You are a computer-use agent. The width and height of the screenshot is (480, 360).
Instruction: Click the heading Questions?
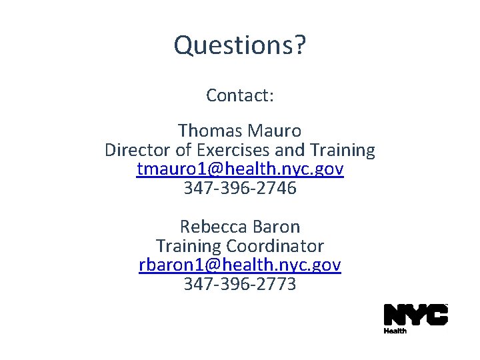click(x=240, y=45)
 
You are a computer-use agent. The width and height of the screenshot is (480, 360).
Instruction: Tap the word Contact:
click(x=240, y=95)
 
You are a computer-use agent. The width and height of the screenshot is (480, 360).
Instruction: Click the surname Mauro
click(x=274, y=131)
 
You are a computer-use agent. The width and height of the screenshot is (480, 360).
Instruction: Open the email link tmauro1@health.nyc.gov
click(x=240, y=169)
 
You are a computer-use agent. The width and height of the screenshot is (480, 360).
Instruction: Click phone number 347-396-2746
click(x=240, y=189)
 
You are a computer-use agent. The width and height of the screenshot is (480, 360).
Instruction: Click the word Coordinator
click(x=280, y=246)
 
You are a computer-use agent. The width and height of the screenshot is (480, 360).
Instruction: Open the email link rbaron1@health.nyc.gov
click(x=240, y=265)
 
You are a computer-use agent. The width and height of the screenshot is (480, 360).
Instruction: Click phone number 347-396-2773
click(x=240, y=285)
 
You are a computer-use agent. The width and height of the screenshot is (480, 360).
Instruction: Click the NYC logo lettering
click(x=415, y=315)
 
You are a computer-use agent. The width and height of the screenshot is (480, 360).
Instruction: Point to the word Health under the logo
click(x=395, y=331)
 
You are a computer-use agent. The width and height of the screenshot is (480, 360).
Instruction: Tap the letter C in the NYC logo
click(x=436, y=315)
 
